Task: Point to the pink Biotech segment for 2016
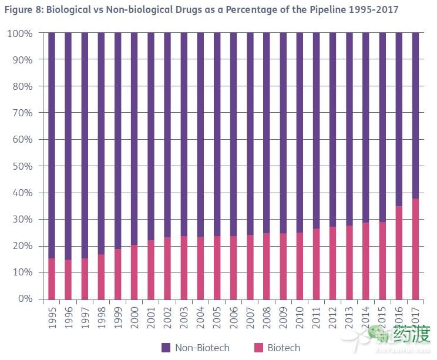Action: tap(399, 253)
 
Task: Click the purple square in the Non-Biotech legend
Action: tap(166, 348)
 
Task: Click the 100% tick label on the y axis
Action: tap(21, 33)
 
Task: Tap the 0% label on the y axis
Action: tap(25, 299)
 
